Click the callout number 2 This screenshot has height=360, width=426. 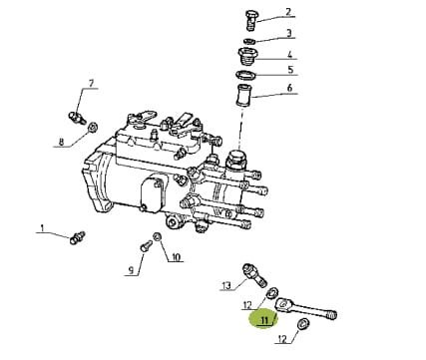pos(288,12)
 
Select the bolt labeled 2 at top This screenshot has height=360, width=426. pos(250,20)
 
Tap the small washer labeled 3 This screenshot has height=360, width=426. pos(249,41)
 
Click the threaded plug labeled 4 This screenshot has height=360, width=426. pos(247,57)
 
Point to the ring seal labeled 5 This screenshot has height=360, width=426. pos(246,75)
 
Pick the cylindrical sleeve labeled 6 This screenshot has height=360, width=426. pos(244,96)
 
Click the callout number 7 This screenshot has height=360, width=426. pos(92,83)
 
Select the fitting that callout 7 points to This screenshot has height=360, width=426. pos(77,117)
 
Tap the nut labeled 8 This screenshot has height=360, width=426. pos(93,127)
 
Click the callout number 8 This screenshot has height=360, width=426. pos(61,143)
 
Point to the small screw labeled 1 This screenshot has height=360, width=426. pos(77,237)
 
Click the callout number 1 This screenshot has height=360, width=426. pos(42,228)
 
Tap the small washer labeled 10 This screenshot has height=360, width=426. pos(157,236)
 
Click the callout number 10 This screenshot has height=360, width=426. pos(176,256)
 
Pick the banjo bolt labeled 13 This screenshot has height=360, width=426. pos(254,274)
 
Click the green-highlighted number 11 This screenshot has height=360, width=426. pos(265,320)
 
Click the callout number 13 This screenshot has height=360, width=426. pos(226,285)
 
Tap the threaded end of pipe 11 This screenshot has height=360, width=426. pos(331,315)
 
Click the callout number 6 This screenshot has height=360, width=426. pos(289,88)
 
